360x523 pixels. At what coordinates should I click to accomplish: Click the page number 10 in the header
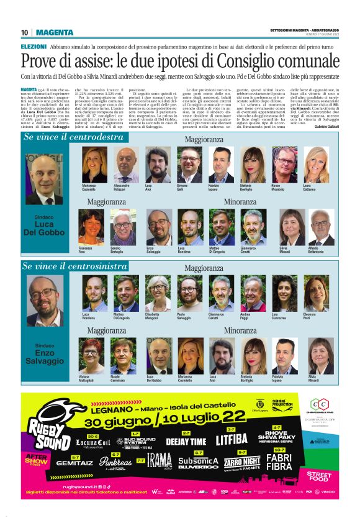click(x=25, y=32)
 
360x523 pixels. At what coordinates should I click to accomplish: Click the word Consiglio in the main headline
click(x=242, y=61)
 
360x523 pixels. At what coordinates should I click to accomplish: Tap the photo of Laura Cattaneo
click(x=315, y=165)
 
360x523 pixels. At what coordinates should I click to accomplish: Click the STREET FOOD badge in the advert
click(x=319, y=476)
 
